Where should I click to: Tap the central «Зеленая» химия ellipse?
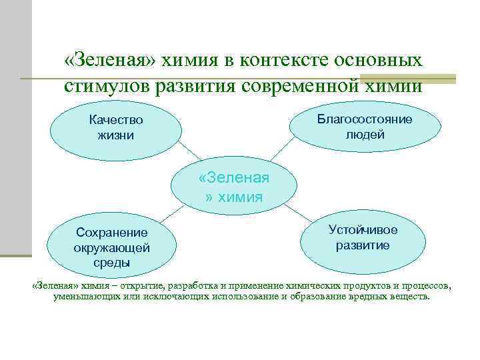233,187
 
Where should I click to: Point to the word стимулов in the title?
106,86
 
